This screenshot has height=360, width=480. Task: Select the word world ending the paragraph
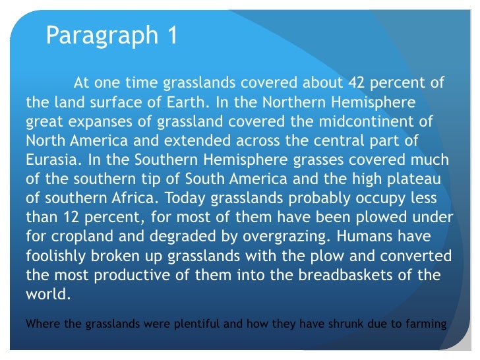click(46, 294)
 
